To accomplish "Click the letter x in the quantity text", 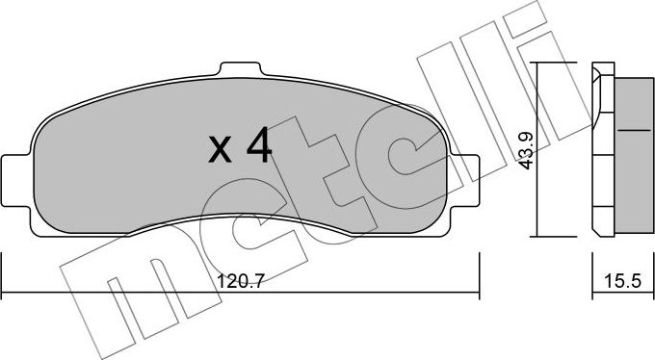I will pos(222,150).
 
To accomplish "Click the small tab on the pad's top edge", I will pos(242,70).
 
